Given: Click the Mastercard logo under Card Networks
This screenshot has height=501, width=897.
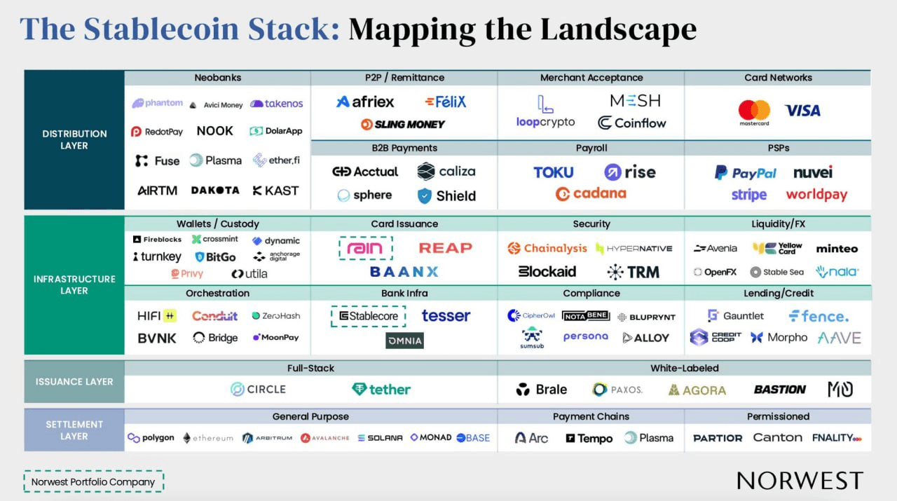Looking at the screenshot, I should click(x=754, y=112).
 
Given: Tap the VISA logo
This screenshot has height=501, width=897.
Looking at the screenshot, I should click(x=802, y=111).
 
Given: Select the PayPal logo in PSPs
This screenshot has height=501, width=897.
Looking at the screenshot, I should click(x=745, y=173).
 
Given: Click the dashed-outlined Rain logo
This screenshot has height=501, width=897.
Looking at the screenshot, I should click(x=365, y=248).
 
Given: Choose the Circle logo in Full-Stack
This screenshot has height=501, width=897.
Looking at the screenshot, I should click(x=258, y=390).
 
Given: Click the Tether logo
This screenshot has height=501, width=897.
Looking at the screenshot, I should click(x=381, y=390).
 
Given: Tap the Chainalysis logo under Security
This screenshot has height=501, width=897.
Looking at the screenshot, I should click(x=547, y=248).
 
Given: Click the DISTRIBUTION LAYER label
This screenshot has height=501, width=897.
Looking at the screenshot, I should click(x=74, y=139).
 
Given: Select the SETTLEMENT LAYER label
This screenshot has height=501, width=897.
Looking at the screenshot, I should click(x=74, y=430).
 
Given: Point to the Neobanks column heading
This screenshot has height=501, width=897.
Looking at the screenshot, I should click(x=217, y=78).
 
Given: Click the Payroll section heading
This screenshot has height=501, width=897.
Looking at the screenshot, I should click(x=591, y=148).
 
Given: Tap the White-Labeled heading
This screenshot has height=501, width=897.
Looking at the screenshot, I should click(x=684, y=368).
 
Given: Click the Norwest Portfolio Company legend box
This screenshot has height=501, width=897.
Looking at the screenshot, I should click(x=93, y=482).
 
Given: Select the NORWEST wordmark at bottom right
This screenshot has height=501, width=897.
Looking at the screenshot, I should click(x=800, y=481).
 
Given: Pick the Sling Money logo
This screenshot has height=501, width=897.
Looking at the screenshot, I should click(x=403, y=125).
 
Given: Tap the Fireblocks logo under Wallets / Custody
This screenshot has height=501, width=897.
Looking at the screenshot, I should click(x=157, y=240).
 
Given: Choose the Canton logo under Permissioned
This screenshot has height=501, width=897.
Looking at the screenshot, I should click(x=777, y=438).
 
